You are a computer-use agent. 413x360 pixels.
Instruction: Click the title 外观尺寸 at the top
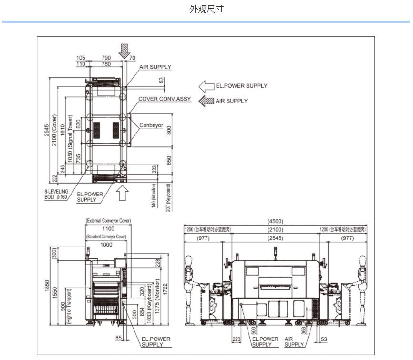(x=206, y=9)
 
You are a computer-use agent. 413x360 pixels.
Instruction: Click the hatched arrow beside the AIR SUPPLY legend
(x=206, y=101)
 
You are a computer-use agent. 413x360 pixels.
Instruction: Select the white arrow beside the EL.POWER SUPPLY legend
(x=206, y=86)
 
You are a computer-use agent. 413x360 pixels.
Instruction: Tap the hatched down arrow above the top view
(x=124, y=49)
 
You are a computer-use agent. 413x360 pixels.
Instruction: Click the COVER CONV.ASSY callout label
(x=165, y=99)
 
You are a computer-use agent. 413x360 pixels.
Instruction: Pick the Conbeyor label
(x=151, y=125)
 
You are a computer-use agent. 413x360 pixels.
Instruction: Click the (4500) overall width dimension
(x=275, y=221)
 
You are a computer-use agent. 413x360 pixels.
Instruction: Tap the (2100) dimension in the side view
(x=275, y=230)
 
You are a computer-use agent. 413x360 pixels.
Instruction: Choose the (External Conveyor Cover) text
(x=108, y=221)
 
